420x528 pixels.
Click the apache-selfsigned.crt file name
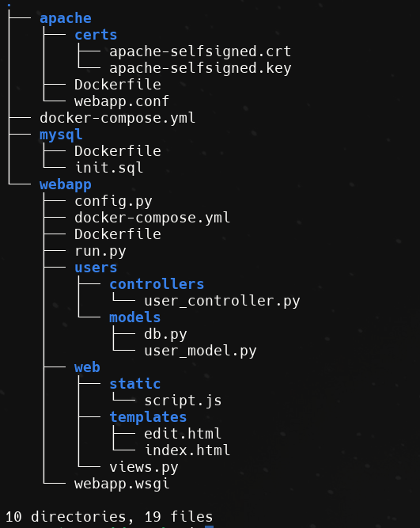coord(200,52)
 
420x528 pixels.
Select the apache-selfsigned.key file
coord(200,68)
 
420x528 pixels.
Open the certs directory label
coord(96,35)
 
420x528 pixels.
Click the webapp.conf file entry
coord(122,101)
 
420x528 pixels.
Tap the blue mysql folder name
coord(61,135)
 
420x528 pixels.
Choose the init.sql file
coord(109,168)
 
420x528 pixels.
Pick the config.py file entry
coord(113,201)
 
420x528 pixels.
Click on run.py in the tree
coord(100,252)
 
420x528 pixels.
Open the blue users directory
coord(96,268)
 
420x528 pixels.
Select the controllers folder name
coord(157,284)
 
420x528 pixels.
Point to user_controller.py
coord(222,302)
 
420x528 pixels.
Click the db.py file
coord(165,334)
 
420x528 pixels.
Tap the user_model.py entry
coord(200,351)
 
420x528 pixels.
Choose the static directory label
coord(135,384)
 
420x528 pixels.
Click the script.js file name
coord(183,401)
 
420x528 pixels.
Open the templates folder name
coord(148,417)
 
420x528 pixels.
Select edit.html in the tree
coord(183,434)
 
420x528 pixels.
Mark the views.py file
coord(144,467)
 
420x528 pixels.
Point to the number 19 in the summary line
coord(153,517)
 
